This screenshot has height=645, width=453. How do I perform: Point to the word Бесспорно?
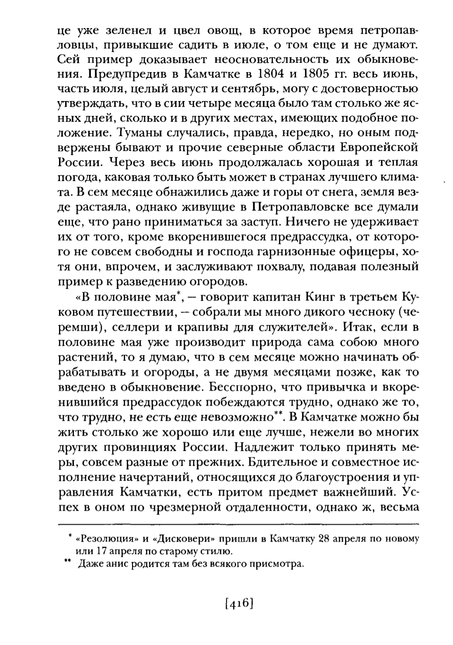(236, 387)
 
